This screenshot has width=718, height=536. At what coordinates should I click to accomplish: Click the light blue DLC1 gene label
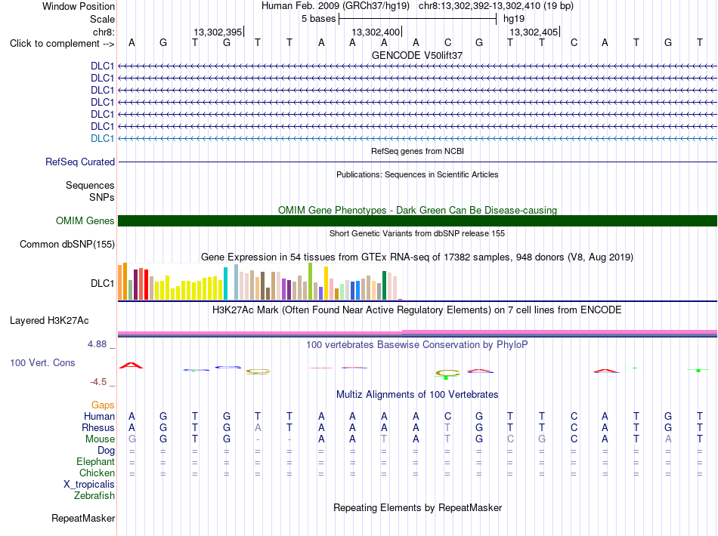pyautogui.click(x=102, y=139)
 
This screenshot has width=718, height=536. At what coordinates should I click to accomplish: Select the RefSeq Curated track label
pyautogui.click(x=80, y=162)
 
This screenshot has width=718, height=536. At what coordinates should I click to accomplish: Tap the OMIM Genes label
pyautogui.click(x=85, y=221)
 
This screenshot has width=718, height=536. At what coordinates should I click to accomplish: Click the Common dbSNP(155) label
pyautogui.click(x=67, y=244)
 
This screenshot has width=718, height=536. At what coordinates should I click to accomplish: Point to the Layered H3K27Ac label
pyautogui.click(x=49, y=321)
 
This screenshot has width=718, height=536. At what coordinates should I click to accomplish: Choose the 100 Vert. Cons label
pyautogui.click(x=42, y=362)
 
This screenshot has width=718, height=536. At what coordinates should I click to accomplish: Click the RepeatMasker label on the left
pyautogui.click(x=83, y=518)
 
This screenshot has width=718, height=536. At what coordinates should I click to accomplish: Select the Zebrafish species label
pyautogui.click(x=94, y=496)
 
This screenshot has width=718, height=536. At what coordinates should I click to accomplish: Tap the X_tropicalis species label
pyautogui.click(x=89, y=485)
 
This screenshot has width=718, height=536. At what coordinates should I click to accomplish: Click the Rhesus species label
pyautogui.click(x=98, y=427)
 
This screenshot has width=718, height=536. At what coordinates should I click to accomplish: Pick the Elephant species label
pyautogui.click(x=96, y=461)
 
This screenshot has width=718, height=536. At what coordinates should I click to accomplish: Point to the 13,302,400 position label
pyautogui.click(x=376, y=32)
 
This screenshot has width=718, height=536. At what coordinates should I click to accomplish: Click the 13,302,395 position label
pyautogui.click(x=218, y=32)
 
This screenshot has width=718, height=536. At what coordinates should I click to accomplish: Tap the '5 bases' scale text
pyautogui.click(x=319, y=19)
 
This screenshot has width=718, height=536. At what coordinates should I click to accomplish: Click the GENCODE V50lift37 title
pyautogui.click(x=417, y=55)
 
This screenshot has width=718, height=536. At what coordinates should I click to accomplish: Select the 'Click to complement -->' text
pyautogui.click(x=62, y=44)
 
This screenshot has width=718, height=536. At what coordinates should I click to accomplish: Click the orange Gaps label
pyautogui.click(x=103, y=405)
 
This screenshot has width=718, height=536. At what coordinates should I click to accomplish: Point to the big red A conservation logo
pyautogui.click(x=132, y=365)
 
